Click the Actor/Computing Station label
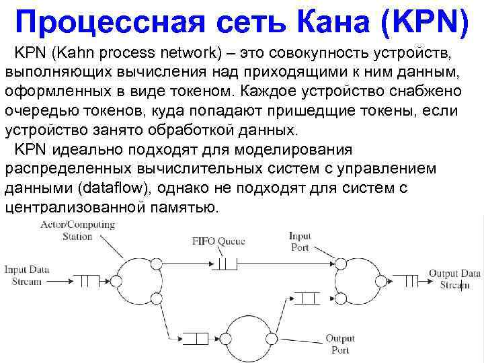point(77,230)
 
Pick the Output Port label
point(339,344)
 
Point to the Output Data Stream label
point(455,279)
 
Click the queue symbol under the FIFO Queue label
point(227,261)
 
